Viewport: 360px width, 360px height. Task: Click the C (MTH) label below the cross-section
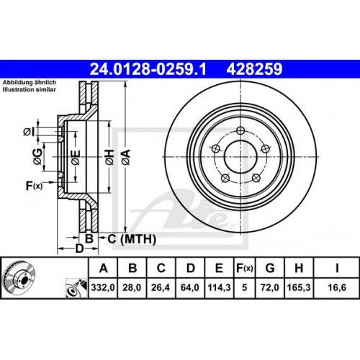point(122,238)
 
